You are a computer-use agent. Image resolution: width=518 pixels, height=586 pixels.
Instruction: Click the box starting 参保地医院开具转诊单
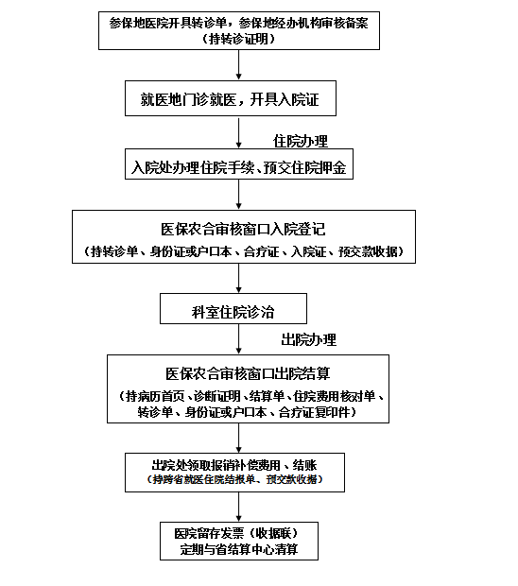coord(239,29)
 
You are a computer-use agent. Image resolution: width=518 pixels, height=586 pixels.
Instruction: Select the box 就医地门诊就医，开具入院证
coord(230,98)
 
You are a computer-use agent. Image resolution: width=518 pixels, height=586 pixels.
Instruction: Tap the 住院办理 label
coord(301,141)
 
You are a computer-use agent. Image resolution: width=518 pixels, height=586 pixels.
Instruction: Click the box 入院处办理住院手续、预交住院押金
coord(239,167)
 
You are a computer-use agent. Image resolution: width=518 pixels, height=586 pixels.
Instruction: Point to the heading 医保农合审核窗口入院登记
coord(244,229)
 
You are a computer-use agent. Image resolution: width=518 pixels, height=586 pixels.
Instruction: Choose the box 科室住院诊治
coord(233,309)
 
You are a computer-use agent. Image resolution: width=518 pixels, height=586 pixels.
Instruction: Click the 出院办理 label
coord(308,339)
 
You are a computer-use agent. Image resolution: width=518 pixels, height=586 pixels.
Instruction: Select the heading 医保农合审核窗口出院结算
coord(248,373)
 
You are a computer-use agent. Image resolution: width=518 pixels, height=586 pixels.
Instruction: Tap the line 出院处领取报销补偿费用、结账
coord(234,465)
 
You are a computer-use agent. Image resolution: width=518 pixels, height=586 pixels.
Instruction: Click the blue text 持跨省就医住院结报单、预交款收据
coord(234,479)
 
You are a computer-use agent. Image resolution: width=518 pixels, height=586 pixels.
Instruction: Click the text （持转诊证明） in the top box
coord(239,39)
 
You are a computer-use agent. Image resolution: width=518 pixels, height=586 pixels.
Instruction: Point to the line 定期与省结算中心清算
coord(238,549)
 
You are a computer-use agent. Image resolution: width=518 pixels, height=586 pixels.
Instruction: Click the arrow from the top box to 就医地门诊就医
coord(239,65)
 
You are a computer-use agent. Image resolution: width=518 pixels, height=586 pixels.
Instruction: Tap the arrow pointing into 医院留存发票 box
coord(239,507)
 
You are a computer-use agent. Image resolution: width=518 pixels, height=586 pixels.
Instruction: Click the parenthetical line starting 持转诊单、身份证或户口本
coord(244,251)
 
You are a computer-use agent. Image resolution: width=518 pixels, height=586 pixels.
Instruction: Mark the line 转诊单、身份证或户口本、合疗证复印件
coord(248,412)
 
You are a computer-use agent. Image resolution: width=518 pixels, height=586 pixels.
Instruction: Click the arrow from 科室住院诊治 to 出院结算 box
coord(239,339)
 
